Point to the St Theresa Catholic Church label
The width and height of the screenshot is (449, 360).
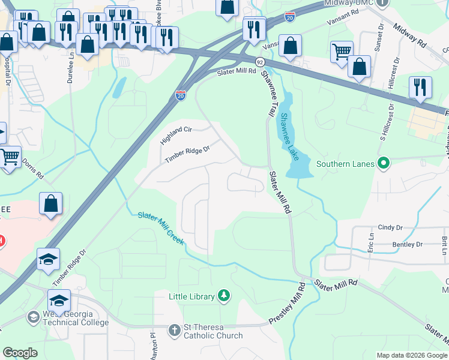(x=213, y=331)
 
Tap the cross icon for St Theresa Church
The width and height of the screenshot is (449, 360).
(x=174, y=329)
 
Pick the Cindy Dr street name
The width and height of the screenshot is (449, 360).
(x=390, y=228)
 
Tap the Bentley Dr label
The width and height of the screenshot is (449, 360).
(x=408, y=244)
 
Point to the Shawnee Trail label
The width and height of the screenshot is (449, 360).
(x=268, y=92)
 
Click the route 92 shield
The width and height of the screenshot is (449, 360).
(x=259, y=62)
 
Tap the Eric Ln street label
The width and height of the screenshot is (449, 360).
(x=370, y=243)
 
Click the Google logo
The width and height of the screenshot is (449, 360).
(x=20, y=352)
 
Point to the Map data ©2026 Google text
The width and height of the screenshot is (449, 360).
(x=411, y=355)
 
